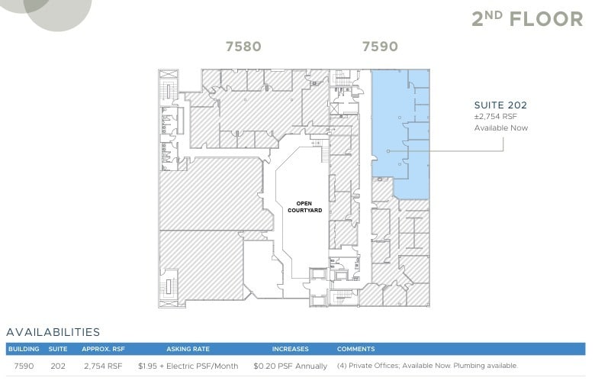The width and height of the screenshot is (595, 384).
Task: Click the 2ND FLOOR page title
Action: click(526, 19)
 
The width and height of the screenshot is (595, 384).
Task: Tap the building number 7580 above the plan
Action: click(243, 47)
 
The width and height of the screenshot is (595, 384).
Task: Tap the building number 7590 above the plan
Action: click(380, 47)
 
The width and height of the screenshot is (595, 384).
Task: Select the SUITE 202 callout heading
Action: click(500, 105)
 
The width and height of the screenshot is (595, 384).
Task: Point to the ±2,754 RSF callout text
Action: click(497, 117)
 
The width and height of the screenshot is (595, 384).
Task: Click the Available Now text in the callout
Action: click(500, 127)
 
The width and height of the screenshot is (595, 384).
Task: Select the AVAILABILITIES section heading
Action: click(53, 332)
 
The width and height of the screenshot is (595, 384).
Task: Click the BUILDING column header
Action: click(24, 349)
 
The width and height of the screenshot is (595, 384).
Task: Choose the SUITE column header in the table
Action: click(58, 349)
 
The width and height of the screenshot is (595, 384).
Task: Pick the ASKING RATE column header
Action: click(188, 349)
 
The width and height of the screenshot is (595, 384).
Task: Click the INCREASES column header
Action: click(290, 349)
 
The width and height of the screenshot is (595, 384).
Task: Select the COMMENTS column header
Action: click(355, 349)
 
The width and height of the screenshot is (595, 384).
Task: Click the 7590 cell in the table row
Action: click(24, 366)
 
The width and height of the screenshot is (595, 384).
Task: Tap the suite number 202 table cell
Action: click(58, 366)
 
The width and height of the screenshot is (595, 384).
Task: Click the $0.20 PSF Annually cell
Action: click(290, 366)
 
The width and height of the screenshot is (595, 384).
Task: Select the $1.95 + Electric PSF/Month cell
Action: click(188, 366)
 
